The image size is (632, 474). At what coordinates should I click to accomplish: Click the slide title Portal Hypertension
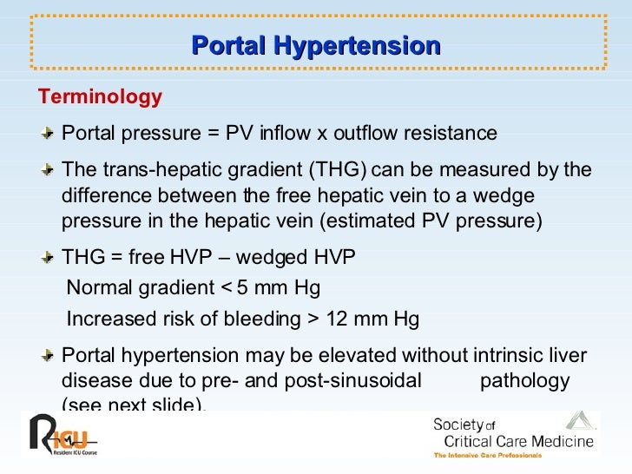click(315, 46)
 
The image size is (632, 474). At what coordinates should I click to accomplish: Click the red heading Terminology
click(97, 97)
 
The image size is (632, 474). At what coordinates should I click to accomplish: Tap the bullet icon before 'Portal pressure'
click(50, 133)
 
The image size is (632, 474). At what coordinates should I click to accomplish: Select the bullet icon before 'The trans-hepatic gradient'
click(50, 169)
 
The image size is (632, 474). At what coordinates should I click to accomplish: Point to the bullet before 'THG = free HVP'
click(50, 258)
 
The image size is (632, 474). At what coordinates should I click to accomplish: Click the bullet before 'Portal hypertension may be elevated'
click(50, 355)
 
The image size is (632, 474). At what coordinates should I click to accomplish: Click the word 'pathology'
click(524, 381)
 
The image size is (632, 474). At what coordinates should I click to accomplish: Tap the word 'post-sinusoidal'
click(359, 381)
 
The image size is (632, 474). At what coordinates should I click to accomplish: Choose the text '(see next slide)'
click(135, 405)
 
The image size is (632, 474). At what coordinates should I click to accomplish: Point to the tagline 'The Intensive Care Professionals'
click(488, 456)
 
